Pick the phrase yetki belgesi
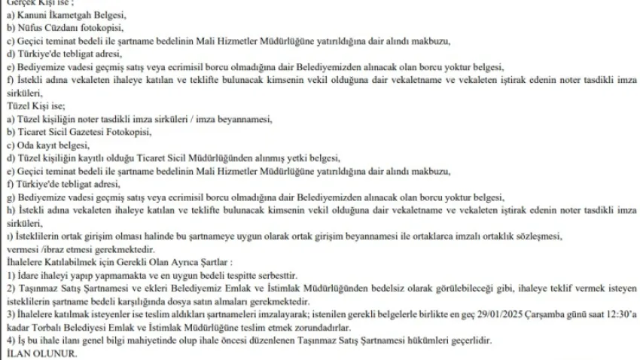pyautogui.click(x=313, y=157)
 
